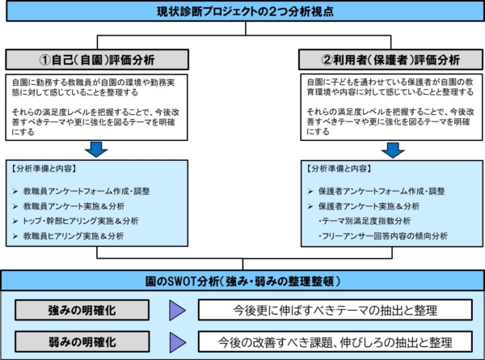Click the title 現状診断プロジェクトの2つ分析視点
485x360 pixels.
(245, 11)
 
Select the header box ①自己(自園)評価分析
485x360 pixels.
(97, 59)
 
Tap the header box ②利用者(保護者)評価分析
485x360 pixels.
(390, 59)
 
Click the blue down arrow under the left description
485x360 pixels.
(96, 150)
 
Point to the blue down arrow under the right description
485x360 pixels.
(393, 150)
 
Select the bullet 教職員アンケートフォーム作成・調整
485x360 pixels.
(82, 191)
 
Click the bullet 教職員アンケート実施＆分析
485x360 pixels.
(69, 206)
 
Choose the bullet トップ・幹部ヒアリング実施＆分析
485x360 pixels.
(75, 221)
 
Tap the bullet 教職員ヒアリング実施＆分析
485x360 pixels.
(69, 236)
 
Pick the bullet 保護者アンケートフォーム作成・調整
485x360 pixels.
(377, 191)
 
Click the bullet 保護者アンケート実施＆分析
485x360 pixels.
(364, 206)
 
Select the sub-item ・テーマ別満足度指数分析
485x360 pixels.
(365, 221)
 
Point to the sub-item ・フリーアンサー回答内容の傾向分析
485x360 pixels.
(383, 236)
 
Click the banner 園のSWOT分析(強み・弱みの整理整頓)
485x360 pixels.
(242, 281)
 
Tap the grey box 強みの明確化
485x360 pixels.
(82, 310)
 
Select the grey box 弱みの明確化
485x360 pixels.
(82, 341)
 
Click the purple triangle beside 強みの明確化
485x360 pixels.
(177, 310)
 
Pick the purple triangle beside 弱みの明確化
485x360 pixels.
(177, 342)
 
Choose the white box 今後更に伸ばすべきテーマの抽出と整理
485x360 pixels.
(335, 310)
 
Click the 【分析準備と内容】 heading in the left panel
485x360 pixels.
(44, 169)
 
